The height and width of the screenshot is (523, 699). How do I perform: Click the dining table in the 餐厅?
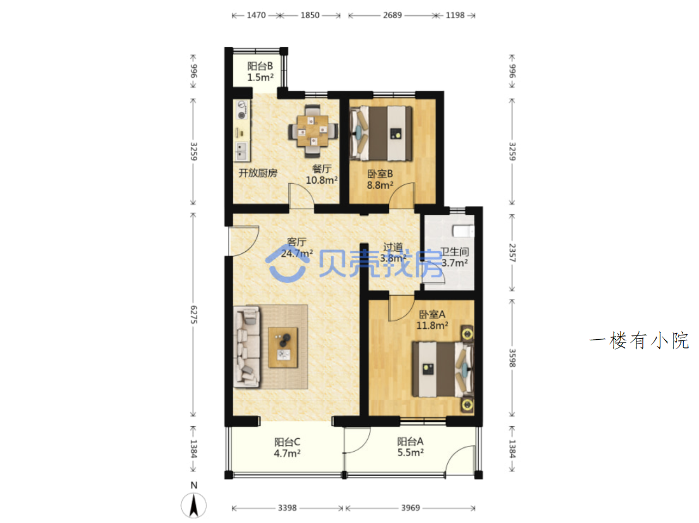point(312,130)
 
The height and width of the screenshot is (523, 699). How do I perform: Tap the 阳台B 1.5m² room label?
point(260,72)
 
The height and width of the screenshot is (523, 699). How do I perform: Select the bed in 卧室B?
point(381,133)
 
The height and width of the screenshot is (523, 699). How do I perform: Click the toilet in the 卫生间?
point(463,231)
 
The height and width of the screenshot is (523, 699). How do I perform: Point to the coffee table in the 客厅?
point(283,347)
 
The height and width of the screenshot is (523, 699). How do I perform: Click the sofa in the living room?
point(246,347)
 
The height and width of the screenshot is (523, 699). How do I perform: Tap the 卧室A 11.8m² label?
point(432,320)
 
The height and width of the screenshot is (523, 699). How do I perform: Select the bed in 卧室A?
point(442,369)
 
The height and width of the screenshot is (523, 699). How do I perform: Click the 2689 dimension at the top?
point(392,15)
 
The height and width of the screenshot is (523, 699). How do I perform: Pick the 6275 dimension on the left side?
point(193,315)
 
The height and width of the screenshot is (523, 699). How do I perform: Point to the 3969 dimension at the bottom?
point(410,507)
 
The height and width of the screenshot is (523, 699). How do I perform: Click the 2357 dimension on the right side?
point(512,253)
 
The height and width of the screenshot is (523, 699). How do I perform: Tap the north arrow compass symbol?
point(194,505)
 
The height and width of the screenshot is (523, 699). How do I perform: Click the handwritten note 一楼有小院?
point(639,340)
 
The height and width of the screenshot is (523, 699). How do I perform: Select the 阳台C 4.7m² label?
point(287,447)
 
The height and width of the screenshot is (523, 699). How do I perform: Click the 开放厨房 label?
point(258,173)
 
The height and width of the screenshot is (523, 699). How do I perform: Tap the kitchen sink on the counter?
point(241,151)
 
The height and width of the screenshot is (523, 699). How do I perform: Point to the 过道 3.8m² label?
point(393,252)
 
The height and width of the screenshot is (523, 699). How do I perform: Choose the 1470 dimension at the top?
point(256,15)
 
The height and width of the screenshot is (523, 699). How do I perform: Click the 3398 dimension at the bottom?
point(287,507)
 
